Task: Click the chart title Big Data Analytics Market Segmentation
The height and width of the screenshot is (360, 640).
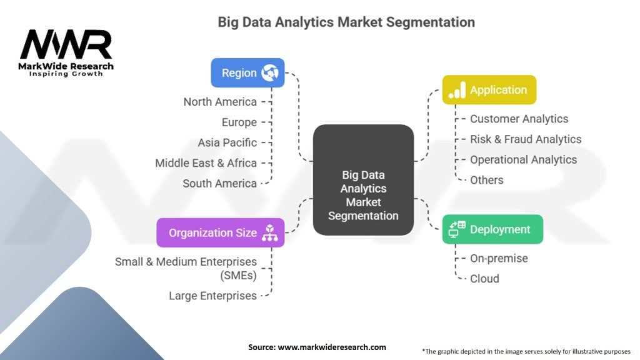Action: [346, 22]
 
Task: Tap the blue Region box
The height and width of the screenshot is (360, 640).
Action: [247, 72]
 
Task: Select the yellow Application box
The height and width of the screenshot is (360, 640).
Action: [489, 90]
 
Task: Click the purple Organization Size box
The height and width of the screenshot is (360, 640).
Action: [221, 232]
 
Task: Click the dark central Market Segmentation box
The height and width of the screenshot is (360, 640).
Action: [363, 180]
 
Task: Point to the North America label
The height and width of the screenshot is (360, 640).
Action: [220, 101]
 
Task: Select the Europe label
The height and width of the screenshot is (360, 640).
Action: [239, 122]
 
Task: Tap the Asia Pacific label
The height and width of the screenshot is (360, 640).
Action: [227, 142]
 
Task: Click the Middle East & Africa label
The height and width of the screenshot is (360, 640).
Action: [206, 163]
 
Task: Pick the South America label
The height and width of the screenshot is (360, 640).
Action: [219, 183]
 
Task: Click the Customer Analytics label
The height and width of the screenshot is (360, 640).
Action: [519, 119]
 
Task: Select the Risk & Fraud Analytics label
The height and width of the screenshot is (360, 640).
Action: [526, 139]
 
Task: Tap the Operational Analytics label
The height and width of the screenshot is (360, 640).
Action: [523, 159]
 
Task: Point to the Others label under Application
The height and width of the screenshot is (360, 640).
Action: [486, 180]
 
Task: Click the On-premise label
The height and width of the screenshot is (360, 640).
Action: [499, 258]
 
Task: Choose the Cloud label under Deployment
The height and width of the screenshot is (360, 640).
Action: [484, 279]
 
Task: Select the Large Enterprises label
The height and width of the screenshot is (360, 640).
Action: [212, 296]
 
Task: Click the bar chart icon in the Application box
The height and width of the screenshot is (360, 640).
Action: [458, 90]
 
